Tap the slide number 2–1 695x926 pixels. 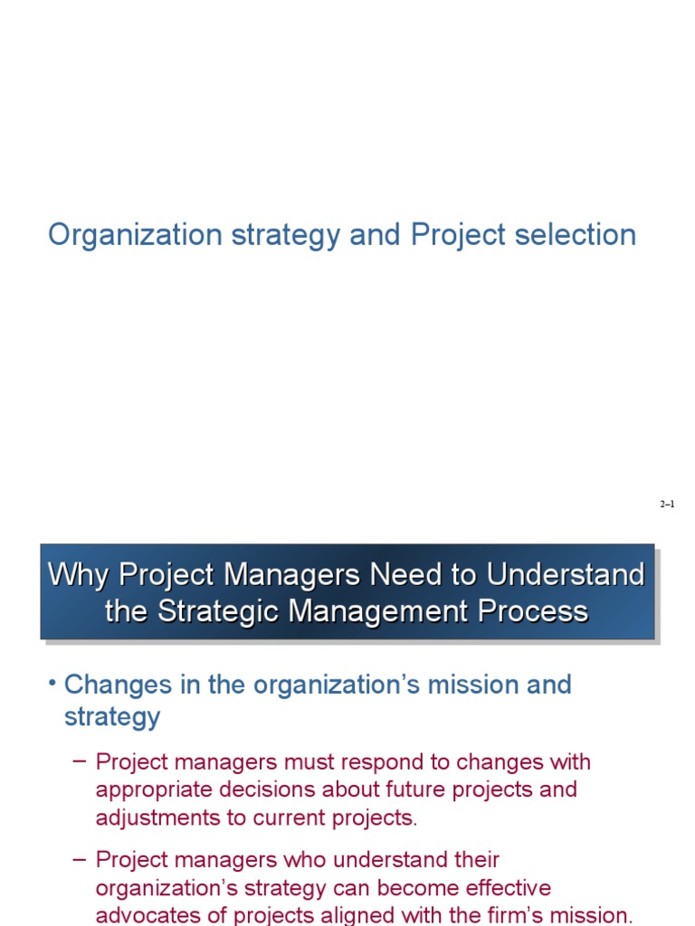pyautogui.click(x=667, y=505)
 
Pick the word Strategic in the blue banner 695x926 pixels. pyautogui.click(x=222, y=611)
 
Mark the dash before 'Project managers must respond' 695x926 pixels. pyautogui.click(x=79, y=761)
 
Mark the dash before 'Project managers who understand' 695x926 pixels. pyautogui.click(x=79, y=858)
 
